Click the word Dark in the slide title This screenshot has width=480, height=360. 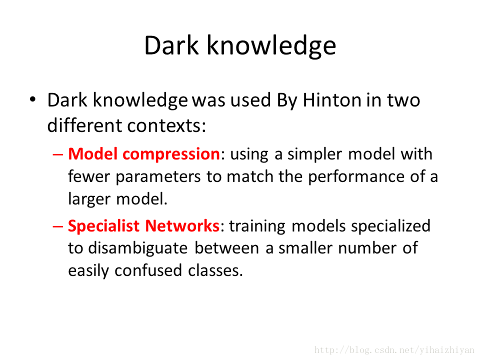point(171,45)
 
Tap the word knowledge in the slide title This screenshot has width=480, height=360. point(271,46)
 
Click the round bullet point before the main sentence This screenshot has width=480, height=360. point(33,99)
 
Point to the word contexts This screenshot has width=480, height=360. point(166,126)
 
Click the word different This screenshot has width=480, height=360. point(85,125)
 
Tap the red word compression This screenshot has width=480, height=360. point(171,154)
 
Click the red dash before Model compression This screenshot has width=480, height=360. point(58,154)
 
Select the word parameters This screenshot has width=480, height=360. point(158,177)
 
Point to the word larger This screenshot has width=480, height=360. point(89,199)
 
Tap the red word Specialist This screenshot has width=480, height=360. point(104,226)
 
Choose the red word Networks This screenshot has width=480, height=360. point(182,226)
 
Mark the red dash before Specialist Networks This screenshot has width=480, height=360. point(58,226)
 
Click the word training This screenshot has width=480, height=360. point(257,226)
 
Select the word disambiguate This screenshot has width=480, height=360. point(138,248)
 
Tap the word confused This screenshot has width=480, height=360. point(148,270)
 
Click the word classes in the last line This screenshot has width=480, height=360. point(215,271)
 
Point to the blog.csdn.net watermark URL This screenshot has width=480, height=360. point(394,350)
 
